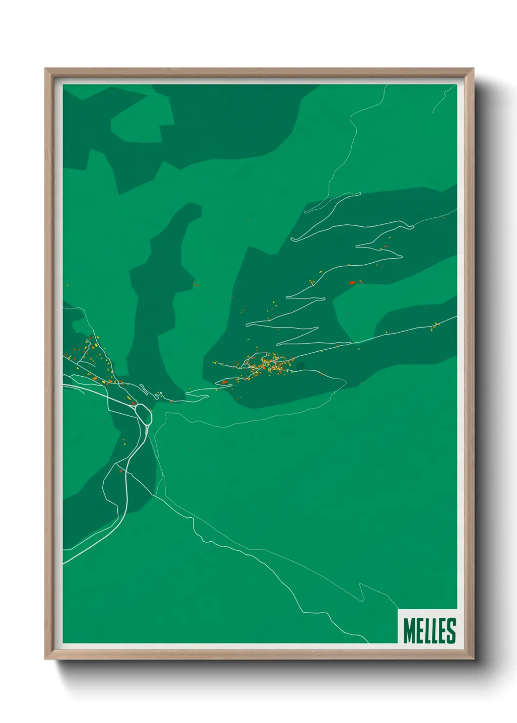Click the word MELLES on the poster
pyautogui.click(x=430, y=630)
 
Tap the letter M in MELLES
pyautogui.click(x=409, y=630)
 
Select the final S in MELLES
pyautogui.click(x=451, y=630)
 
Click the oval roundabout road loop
pyautogui.click(x=143, y=412)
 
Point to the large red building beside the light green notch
pyautogui.click(x=352, y=282)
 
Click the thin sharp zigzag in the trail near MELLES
pyautogui.click(x=362, y=591)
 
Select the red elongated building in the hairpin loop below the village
pyautogui.click(x=224, y=383)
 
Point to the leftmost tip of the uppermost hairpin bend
pyautogui.click(x=292, y=239)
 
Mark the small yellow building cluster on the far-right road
pyautogui.click(x=435, y=326)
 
